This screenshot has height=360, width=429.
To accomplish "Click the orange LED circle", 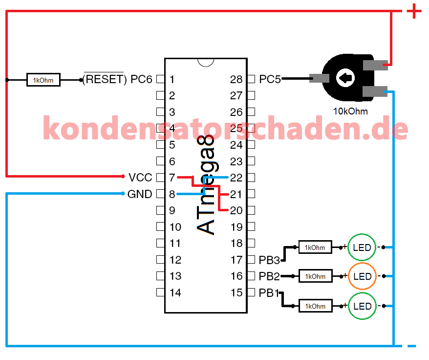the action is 362,263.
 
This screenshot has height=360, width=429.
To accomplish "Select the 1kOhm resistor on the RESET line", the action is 43,80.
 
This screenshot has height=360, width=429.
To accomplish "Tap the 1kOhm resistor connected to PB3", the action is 315,247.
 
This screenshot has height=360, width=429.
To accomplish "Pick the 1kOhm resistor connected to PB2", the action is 315,276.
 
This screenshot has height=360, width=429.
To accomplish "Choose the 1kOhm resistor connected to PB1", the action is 315,306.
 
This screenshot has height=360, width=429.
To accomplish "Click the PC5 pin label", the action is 270,79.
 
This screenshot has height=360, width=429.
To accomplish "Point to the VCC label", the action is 140,178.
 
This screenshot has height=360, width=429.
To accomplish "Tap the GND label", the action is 140,194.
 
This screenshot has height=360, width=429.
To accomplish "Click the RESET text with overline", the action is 104,79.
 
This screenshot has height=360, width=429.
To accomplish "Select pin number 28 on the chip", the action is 236,79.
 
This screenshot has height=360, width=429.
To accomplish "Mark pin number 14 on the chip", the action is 175,292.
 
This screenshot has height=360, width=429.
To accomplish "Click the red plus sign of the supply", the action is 414,11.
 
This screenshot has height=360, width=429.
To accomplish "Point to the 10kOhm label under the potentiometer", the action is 350,111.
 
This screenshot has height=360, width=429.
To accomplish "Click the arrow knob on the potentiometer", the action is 345,78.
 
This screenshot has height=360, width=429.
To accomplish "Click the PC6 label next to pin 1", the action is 141,79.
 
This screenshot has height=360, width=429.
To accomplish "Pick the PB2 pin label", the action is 269,276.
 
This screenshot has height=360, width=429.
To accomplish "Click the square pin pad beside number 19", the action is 251,226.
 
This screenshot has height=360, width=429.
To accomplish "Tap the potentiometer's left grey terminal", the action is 319,78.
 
